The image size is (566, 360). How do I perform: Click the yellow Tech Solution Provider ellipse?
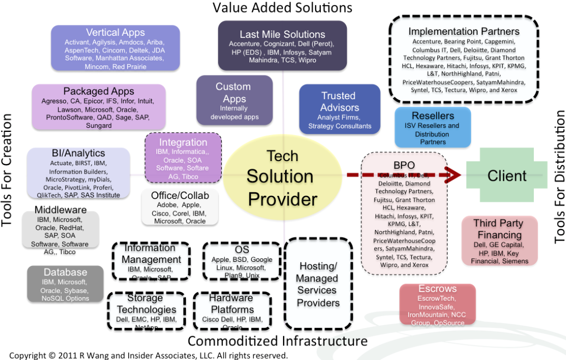281,177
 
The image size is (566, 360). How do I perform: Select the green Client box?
507,176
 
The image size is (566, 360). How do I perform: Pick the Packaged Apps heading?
99,91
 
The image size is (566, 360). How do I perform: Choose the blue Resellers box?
433,127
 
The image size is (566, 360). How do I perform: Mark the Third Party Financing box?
498,241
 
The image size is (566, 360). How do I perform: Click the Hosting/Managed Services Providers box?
317,284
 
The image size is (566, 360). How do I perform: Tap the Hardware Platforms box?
232,311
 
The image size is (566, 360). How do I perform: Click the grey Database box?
65,284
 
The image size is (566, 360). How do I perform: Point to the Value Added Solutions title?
282,8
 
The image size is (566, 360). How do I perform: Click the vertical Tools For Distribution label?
559,177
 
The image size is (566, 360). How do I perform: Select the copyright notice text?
148,355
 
